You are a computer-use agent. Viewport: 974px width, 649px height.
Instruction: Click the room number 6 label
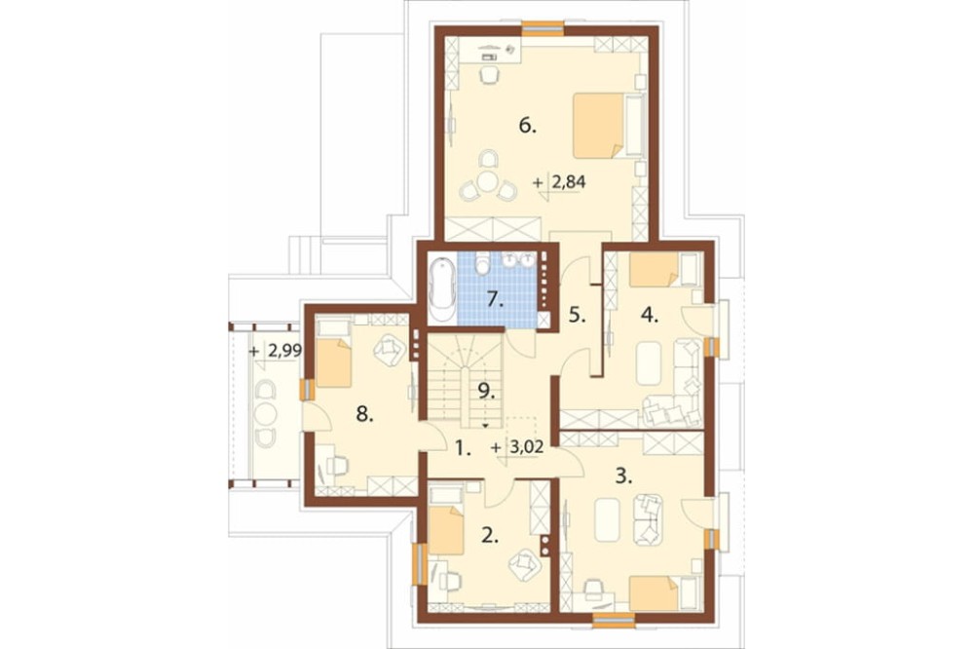point(527,127)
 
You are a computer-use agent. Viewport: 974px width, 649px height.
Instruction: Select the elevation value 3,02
point(526,447)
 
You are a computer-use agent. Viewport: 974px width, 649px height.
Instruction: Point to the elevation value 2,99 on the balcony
point(284,351)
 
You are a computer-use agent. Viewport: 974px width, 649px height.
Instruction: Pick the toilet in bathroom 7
point(481,264)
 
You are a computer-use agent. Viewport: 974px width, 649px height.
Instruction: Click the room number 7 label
point(495,299)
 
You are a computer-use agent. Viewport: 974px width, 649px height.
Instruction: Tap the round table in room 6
point(487,182)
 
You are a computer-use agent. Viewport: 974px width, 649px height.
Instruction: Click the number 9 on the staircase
point(486,391)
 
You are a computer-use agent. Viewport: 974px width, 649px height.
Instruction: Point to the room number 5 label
point(577,315)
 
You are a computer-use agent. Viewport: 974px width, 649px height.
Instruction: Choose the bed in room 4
point(664,269)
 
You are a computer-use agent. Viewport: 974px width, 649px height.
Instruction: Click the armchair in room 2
point(526,564)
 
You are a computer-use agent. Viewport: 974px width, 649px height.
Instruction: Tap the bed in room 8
point(333,353)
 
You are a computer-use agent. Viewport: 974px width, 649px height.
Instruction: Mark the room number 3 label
point(623,477)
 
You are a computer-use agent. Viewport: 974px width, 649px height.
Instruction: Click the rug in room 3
point(607,519)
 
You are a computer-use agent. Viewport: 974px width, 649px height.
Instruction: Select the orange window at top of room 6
point(543,26)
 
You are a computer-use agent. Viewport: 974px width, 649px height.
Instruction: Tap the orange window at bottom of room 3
point(613,619)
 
